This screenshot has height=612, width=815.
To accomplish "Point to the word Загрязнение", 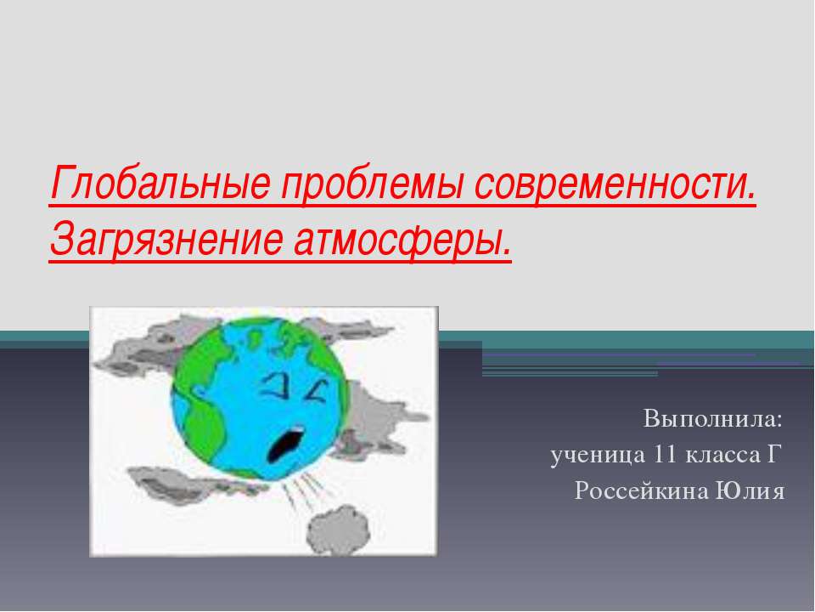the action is [166, 239].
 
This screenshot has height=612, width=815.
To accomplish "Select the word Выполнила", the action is [712, 418].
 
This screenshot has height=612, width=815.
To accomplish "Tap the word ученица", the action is [598, 455].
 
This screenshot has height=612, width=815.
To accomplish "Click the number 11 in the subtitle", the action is [666, 454].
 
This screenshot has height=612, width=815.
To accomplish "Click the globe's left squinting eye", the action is [275, 387].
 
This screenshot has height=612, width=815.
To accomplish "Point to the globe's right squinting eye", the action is [317, 391].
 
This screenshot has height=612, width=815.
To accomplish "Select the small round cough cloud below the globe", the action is [338, 530].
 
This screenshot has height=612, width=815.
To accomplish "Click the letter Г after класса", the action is [774, 455].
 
